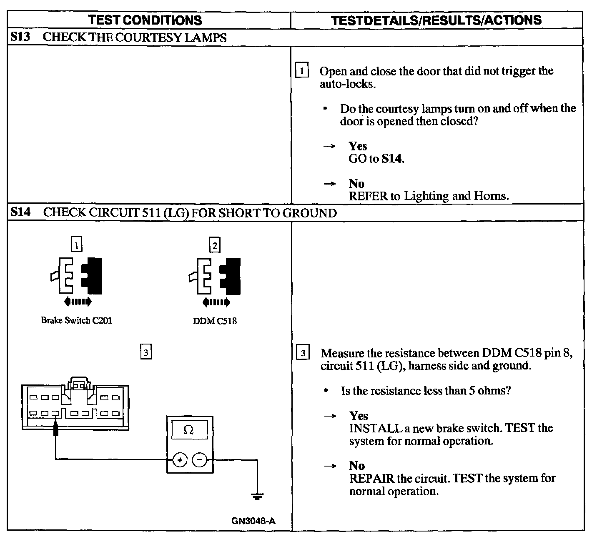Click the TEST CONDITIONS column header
[145, 20]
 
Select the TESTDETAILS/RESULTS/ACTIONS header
[436, 20]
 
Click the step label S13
[21, 37]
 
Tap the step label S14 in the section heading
[21, 212]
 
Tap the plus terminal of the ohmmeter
[180, 460]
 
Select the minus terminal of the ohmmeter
[200, 460]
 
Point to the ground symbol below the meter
[257, 496]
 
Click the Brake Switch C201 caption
[76, 320]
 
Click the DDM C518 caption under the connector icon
[215, 321]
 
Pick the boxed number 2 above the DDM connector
[215, 246]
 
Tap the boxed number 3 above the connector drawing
[145, 352]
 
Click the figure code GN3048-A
[253, 521]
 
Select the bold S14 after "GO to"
[392, 159]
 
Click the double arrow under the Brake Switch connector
[77, 301]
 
